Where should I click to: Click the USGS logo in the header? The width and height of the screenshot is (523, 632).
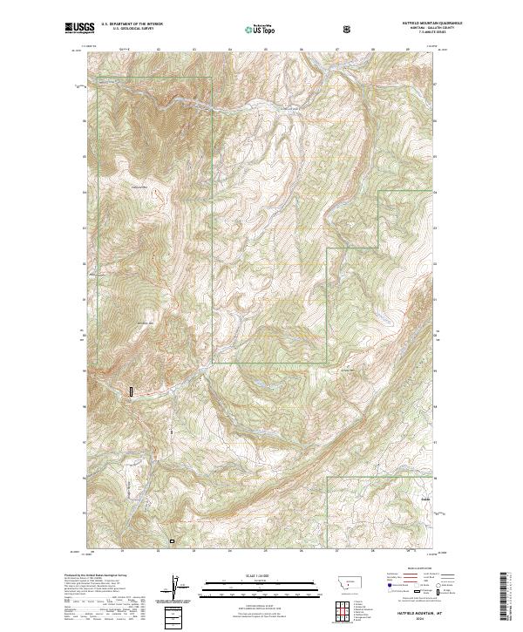coord(79,29)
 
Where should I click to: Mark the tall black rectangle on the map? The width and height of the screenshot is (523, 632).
coord(132,392)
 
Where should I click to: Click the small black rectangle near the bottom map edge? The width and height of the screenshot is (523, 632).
coord(172,541)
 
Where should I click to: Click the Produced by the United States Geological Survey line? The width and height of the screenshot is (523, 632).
coord(95,576)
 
